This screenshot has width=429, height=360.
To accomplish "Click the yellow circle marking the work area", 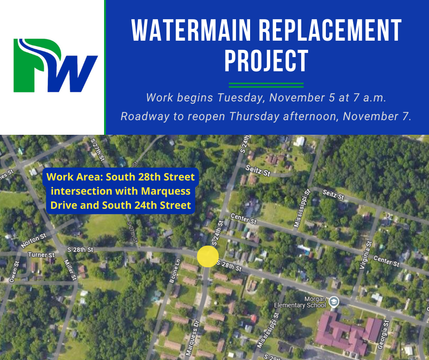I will (x=208, y=256).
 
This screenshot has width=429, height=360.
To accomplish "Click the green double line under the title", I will (x=266, y=85).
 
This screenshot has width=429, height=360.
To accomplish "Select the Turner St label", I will (x=41, y=254).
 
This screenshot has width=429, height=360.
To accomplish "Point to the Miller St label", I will (x=69, y=270).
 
